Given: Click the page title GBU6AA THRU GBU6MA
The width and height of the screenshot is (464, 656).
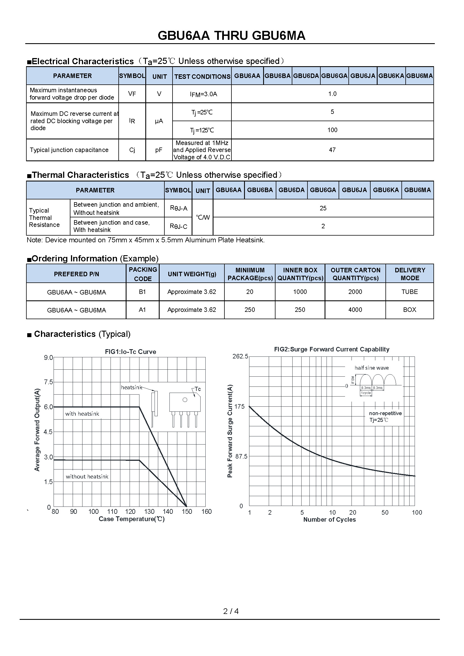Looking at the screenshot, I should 231,36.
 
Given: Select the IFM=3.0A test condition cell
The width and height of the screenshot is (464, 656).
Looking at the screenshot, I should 203,94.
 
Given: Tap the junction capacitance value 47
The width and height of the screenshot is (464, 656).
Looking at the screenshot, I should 332,150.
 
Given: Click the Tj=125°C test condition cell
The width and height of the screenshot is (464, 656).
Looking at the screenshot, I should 202,130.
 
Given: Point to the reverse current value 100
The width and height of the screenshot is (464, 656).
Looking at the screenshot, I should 332,130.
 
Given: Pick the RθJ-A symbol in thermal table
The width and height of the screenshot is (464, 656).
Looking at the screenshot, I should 179,208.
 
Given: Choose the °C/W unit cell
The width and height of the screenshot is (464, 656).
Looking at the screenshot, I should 203,217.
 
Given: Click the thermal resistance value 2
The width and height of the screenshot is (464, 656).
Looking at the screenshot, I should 323,226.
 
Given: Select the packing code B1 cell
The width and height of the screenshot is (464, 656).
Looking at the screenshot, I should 142,292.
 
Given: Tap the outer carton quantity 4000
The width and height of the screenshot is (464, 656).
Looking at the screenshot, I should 355,310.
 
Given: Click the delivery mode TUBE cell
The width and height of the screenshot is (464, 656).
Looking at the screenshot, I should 409,292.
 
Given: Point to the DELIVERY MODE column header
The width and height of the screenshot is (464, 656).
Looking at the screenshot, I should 410,274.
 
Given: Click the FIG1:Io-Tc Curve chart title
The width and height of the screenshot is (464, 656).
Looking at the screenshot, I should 130,352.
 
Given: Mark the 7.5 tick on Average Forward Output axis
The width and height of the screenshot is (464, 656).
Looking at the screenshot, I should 48,382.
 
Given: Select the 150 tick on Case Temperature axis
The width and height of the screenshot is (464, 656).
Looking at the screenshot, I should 187,512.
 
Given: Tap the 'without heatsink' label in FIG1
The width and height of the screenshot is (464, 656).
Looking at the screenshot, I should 87,477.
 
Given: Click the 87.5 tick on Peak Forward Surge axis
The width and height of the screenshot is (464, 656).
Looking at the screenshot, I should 241,457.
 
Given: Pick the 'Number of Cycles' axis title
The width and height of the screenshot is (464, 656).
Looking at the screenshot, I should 329,519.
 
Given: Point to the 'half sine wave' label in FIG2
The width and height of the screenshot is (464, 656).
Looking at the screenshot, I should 371,368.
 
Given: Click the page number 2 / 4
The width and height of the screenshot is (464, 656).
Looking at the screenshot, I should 231,611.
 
